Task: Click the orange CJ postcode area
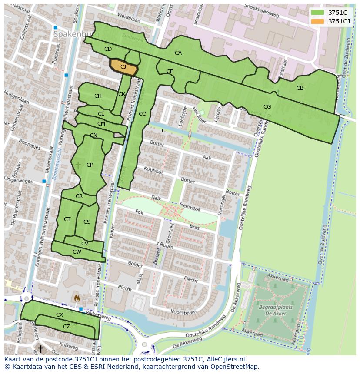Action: click(x=123, y=67)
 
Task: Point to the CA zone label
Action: click(x=178, y=53)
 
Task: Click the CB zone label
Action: click(x=300, y=88)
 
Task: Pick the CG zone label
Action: click(x=267, y=107)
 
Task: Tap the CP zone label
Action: click(x=90, y=165)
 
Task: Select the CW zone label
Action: click(x=77, y=252)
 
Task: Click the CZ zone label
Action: click(x=67, y=327)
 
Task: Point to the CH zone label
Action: click(x=98, y=96)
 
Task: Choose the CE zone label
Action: click(x=170, y=71)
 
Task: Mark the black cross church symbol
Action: click(x=40, y=348)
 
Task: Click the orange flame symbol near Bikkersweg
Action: click(x=77, y=298)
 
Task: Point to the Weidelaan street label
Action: click(x=129, y=20)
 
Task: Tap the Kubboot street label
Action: click(x=153, y=170)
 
